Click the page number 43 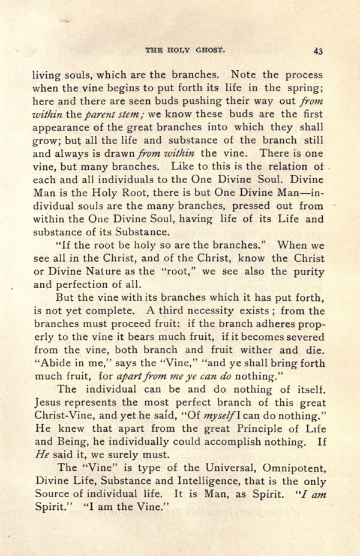click(x=318, y=51)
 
